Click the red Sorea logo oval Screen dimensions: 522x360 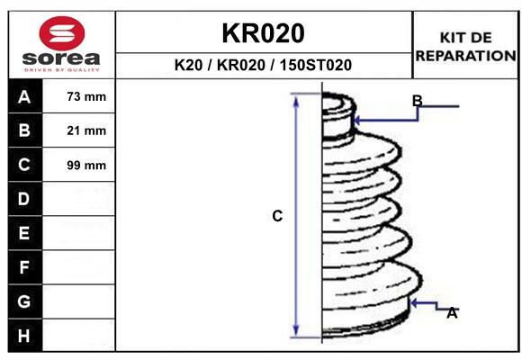pyautogui.click(x=62, y=33)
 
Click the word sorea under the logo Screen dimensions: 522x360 pyautogui.click(x=61, y=58)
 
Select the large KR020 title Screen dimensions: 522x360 pyautogui.click(x=263, y=33)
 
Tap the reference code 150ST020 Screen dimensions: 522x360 pyautogui.click(x=316, y=65)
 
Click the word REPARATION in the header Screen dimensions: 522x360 pyautogui.click(x=465, y=56)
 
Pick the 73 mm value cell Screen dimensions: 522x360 pyautogui.click(x=78, y=96)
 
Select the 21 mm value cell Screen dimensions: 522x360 pyautogui.click(x=78, y=130)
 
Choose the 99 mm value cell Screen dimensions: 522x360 pyautogui.click(x=78, y=165)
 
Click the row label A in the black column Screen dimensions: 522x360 pyautogui.click(x=24, y=97)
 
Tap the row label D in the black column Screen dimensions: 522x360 pyautogui.click(x=24, y=199)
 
